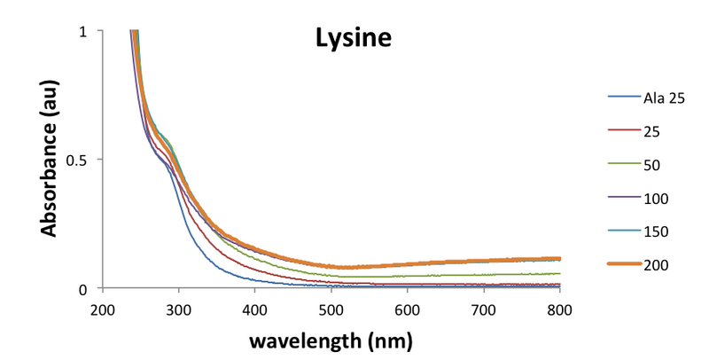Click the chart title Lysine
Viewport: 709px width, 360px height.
tap(354, 38)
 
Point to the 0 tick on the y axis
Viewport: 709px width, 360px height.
tap(82, 288)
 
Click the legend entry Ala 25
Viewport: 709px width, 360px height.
tap(665, 98)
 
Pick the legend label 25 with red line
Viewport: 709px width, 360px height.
tap(651, 131)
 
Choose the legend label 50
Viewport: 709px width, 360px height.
tap(651, 164)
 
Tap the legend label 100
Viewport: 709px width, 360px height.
tap(655, 198)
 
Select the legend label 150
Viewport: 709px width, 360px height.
tap(655, 231)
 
